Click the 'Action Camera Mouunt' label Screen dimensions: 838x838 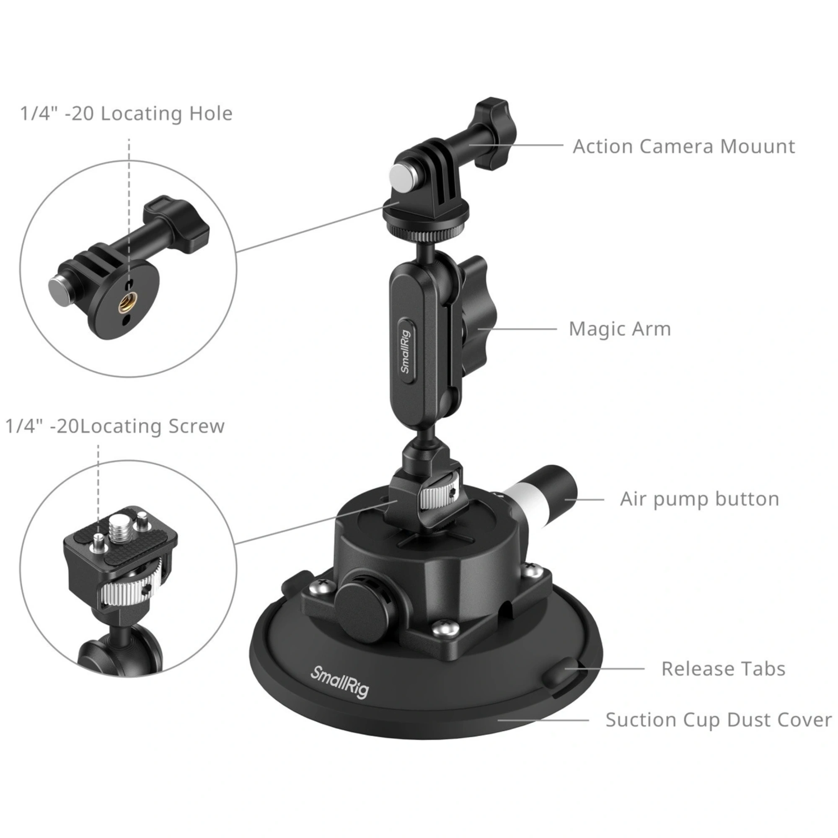(683, 147)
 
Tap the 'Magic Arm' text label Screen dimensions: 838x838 (620, 329)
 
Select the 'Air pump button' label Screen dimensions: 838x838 (699, 499)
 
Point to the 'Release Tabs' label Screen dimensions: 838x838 (723, 669)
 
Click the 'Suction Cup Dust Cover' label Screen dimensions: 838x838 (719, 719)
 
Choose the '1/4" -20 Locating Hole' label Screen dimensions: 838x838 (126, 114)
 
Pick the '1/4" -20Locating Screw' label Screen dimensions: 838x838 (115, 426)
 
